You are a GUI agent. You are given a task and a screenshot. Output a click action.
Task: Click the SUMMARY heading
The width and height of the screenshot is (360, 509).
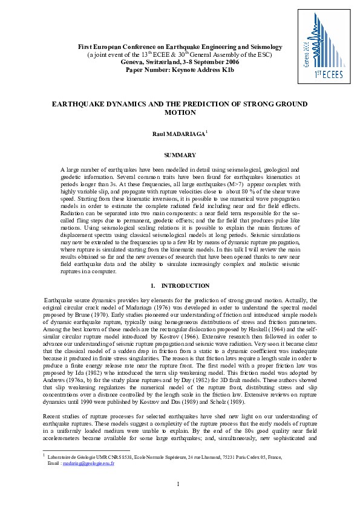180,155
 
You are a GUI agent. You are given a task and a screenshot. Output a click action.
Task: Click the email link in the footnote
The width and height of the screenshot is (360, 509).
80,463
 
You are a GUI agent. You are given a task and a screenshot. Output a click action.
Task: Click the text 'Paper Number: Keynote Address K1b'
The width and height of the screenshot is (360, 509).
180,70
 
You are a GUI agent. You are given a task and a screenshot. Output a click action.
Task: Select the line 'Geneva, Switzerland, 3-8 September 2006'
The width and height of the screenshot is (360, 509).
180,62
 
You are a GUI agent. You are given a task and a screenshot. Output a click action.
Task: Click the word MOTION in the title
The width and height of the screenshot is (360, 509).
180,112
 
